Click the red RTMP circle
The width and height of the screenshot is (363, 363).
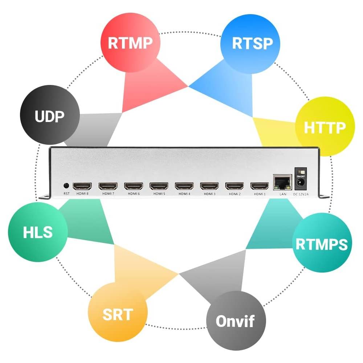(130, 43)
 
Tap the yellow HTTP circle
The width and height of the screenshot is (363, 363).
(325, 127)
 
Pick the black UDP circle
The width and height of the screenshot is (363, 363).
(49, 116)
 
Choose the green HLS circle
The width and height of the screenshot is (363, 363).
(38, 232)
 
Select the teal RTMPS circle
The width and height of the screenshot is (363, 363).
(322, 244)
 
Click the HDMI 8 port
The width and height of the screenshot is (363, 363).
(82, 186)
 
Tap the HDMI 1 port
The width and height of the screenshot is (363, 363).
(259, 186)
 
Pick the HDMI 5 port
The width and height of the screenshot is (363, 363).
(159, 186)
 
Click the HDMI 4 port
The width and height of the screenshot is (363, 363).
(184, 186)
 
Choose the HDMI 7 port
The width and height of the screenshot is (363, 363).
(108, 186)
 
